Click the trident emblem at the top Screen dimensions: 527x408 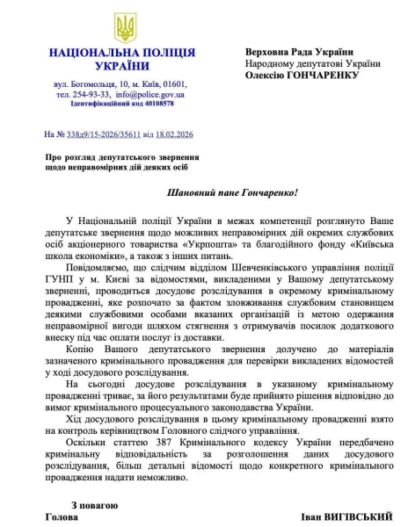point(126,27)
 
